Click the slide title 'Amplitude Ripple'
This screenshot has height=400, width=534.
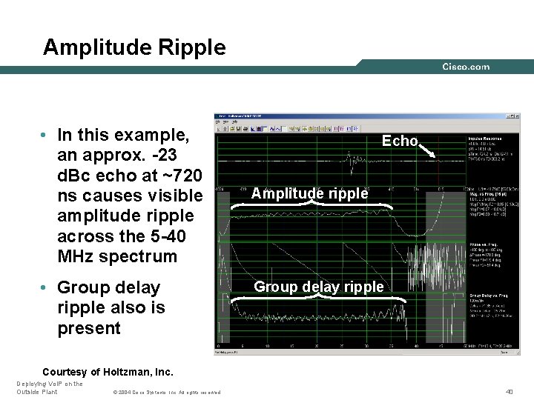tap(134, 47)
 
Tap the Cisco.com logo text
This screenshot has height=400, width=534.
tap(466, 67)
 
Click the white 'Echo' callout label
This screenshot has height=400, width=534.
tap(400, 141)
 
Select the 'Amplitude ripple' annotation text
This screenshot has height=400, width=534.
tap(309, 193)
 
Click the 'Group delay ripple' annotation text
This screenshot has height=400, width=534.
tap(319, 287)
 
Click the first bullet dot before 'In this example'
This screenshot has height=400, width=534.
tap(46, 136)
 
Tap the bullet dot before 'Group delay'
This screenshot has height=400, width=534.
tap(46, 287)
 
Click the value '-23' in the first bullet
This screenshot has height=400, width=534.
tap(174, 156)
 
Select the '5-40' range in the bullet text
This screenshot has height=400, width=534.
tap(174, 236)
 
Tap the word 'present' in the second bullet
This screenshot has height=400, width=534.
tap(88, 328)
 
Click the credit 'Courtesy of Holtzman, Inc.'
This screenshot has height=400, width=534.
tap(108, 371)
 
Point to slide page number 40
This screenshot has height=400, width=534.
tap(509, 391)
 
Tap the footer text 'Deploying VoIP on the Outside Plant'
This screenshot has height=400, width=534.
tap(49, 387)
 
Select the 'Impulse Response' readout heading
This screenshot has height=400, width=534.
tap(486, 139)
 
